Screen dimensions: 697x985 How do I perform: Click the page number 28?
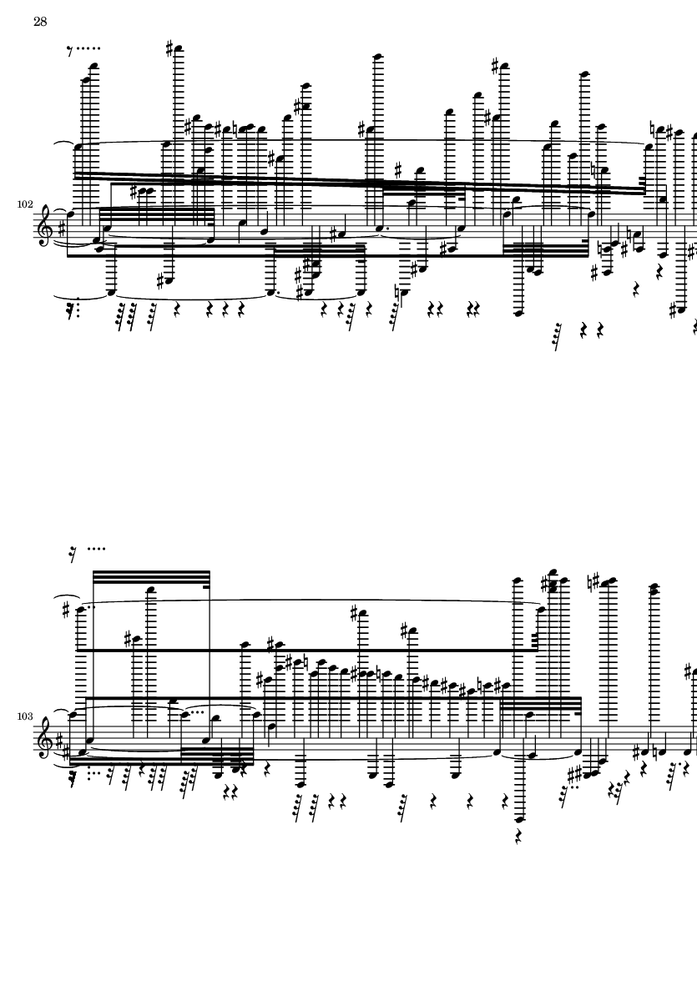coord(40,22)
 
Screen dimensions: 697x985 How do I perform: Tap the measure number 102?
coord(25,204)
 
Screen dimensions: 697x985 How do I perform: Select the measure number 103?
coord(25,716)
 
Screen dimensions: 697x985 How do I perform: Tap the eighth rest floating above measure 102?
coord(70,51)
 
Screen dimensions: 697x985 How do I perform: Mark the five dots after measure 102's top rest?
coord(88,48)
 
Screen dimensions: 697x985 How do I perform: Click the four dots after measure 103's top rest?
coord(97,549)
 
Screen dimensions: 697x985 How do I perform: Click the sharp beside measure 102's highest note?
coord(169,47)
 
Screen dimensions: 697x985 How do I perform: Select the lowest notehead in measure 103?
coord(519,819)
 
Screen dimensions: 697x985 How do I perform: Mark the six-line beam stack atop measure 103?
coord(151,577)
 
